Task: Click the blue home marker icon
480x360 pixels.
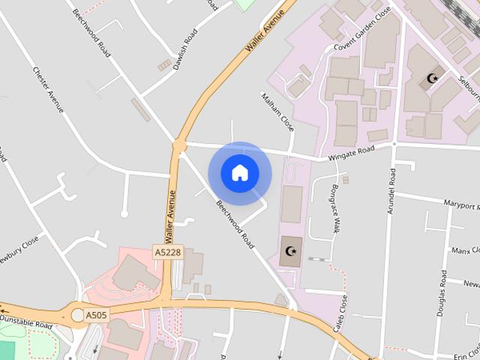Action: (240, 173)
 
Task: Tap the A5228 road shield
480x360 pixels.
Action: (168, 253)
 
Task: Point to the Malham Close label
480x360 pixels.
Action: (277, 111)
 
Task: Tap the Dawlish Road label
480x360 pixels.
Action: (184, 49)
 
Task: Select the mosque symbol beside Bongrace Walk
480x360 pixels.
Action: (291, 250)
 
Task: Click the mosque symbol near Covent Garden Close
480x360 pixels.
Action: (431, 77)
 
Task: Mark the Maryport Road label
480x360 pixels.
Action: (459, 205)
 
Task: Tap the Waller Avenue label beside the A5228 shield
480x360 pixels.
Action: (170, 214)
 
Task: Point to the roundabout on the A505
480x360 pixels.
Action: (78, 313)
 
